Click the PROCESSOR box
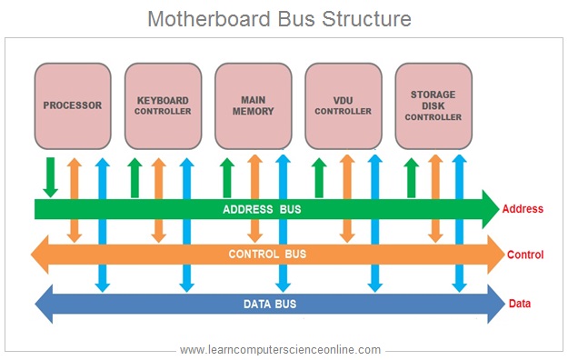pos(73,105)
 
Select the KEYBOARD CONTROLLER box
pos(163,105)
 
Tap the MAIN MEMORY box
pos(253,105)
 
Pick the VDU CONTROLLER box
pos(343,105)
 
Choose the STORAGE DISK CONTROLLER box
pos(433,105)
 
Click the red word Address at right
pos(523,210)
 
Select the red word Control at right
pos(524,255)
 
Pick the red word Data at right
pos(520,304)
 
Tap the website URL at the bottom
pos(280,349)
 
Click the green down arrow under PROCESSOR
pos(50,176)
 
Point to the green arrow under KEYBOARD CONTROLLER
pos(135,176)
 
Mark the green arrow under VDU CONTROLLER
pos(319,176)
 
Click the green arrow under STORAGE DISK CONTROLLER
pos(411,176)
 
